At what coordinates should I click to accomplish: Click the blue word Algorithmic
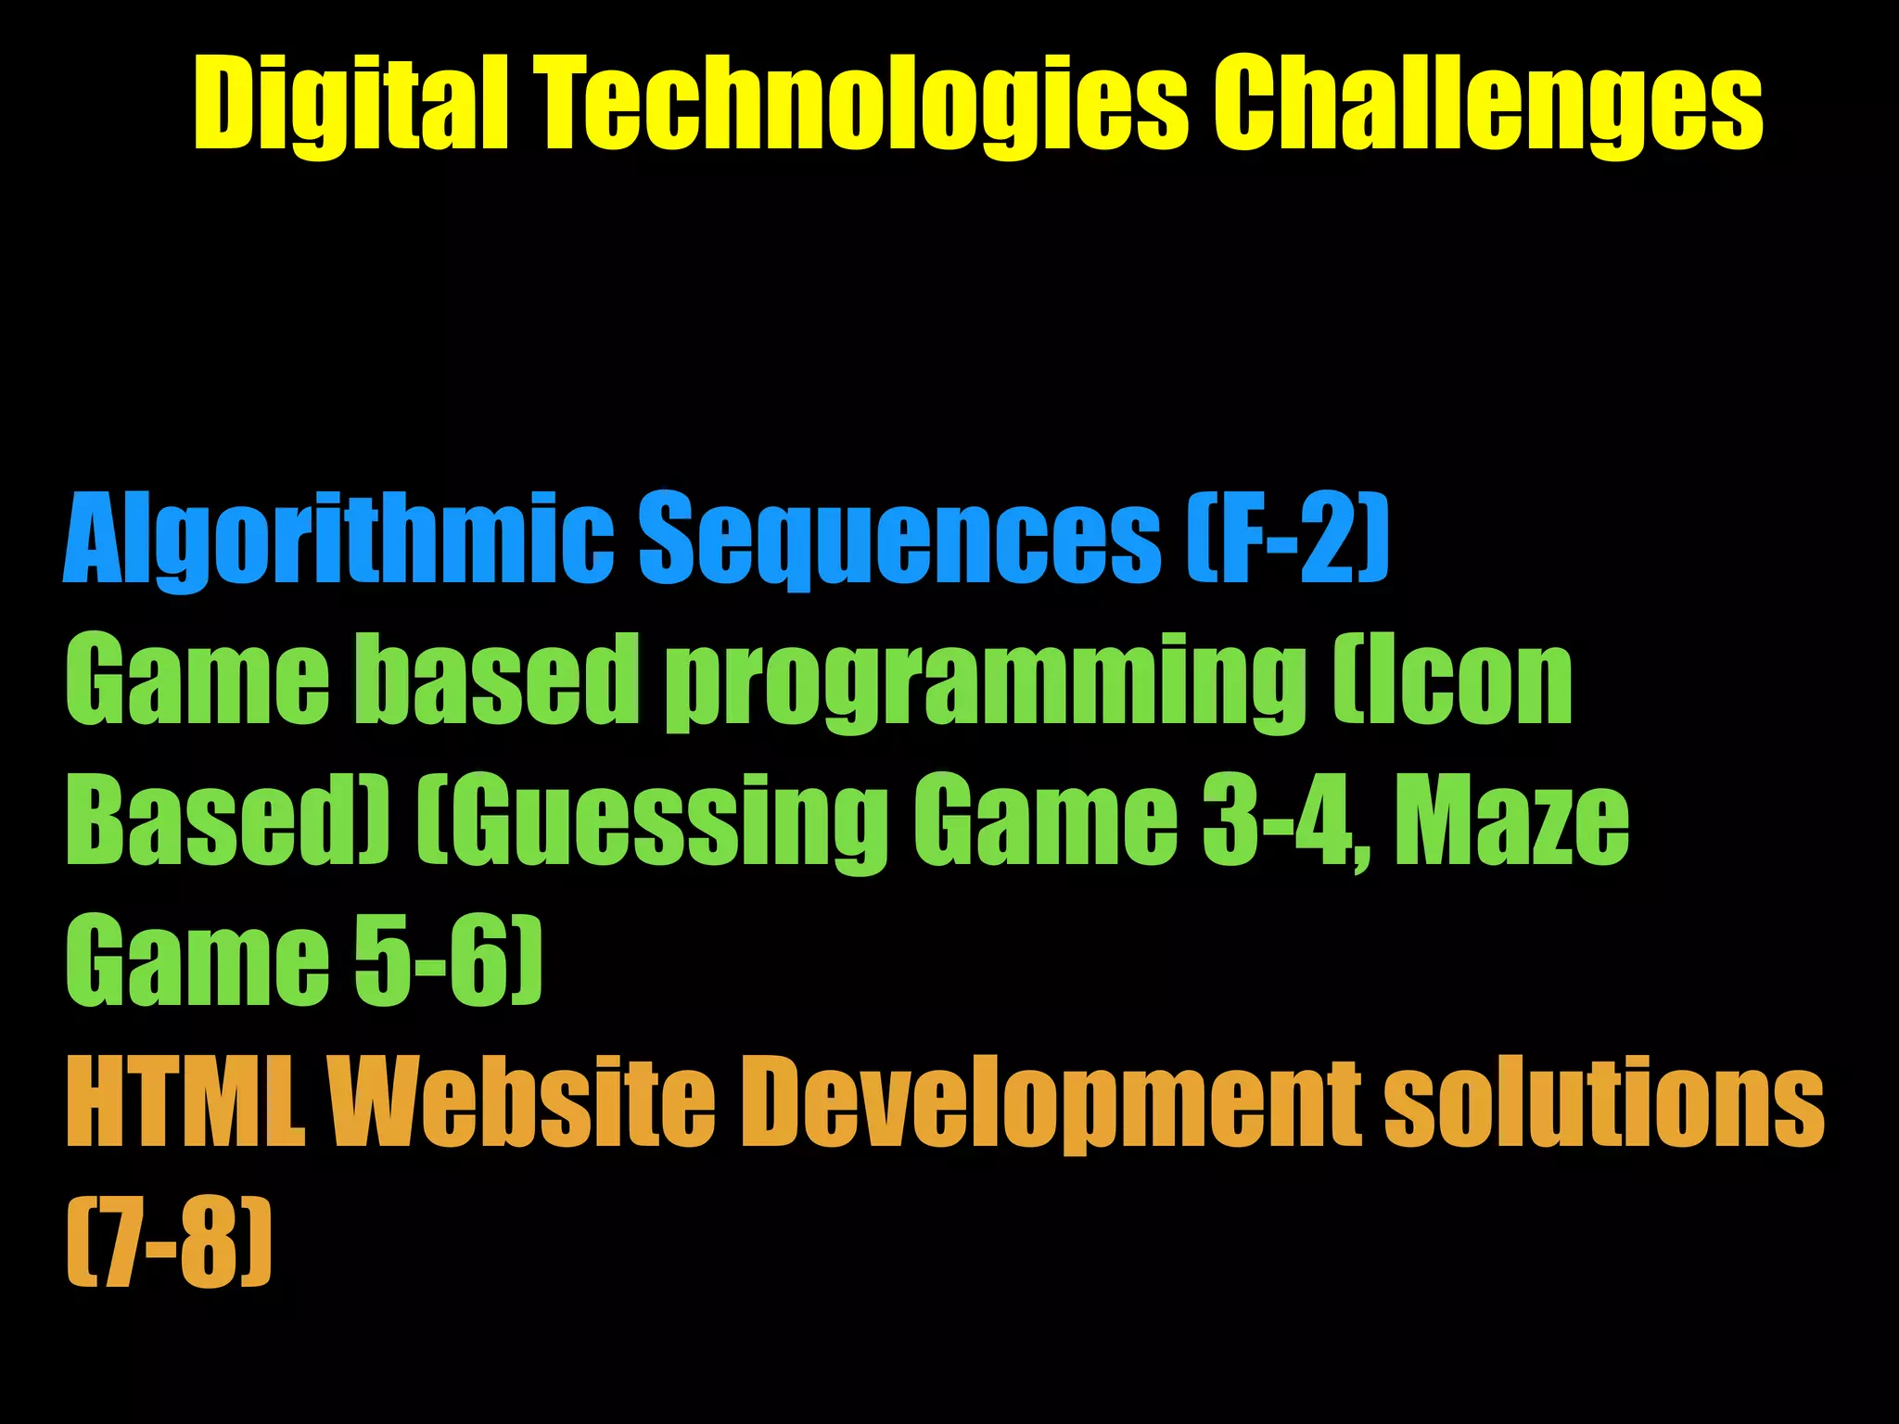click(x=338, y=540)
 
